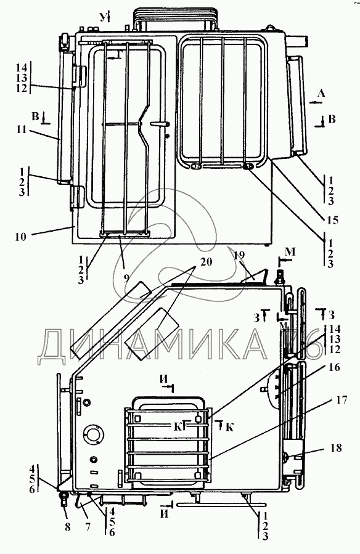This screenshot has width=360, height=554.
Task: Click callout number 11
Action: coord(22,129)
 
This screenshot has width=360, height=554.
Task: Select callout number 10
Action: coord(21,237)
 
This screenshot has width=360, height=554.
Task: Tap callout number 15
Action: coord(332,220)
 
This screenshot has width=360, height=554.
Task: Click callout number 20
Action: coord(206,262)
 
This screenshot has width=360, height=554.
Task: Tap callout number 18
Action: coord(336,447)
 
